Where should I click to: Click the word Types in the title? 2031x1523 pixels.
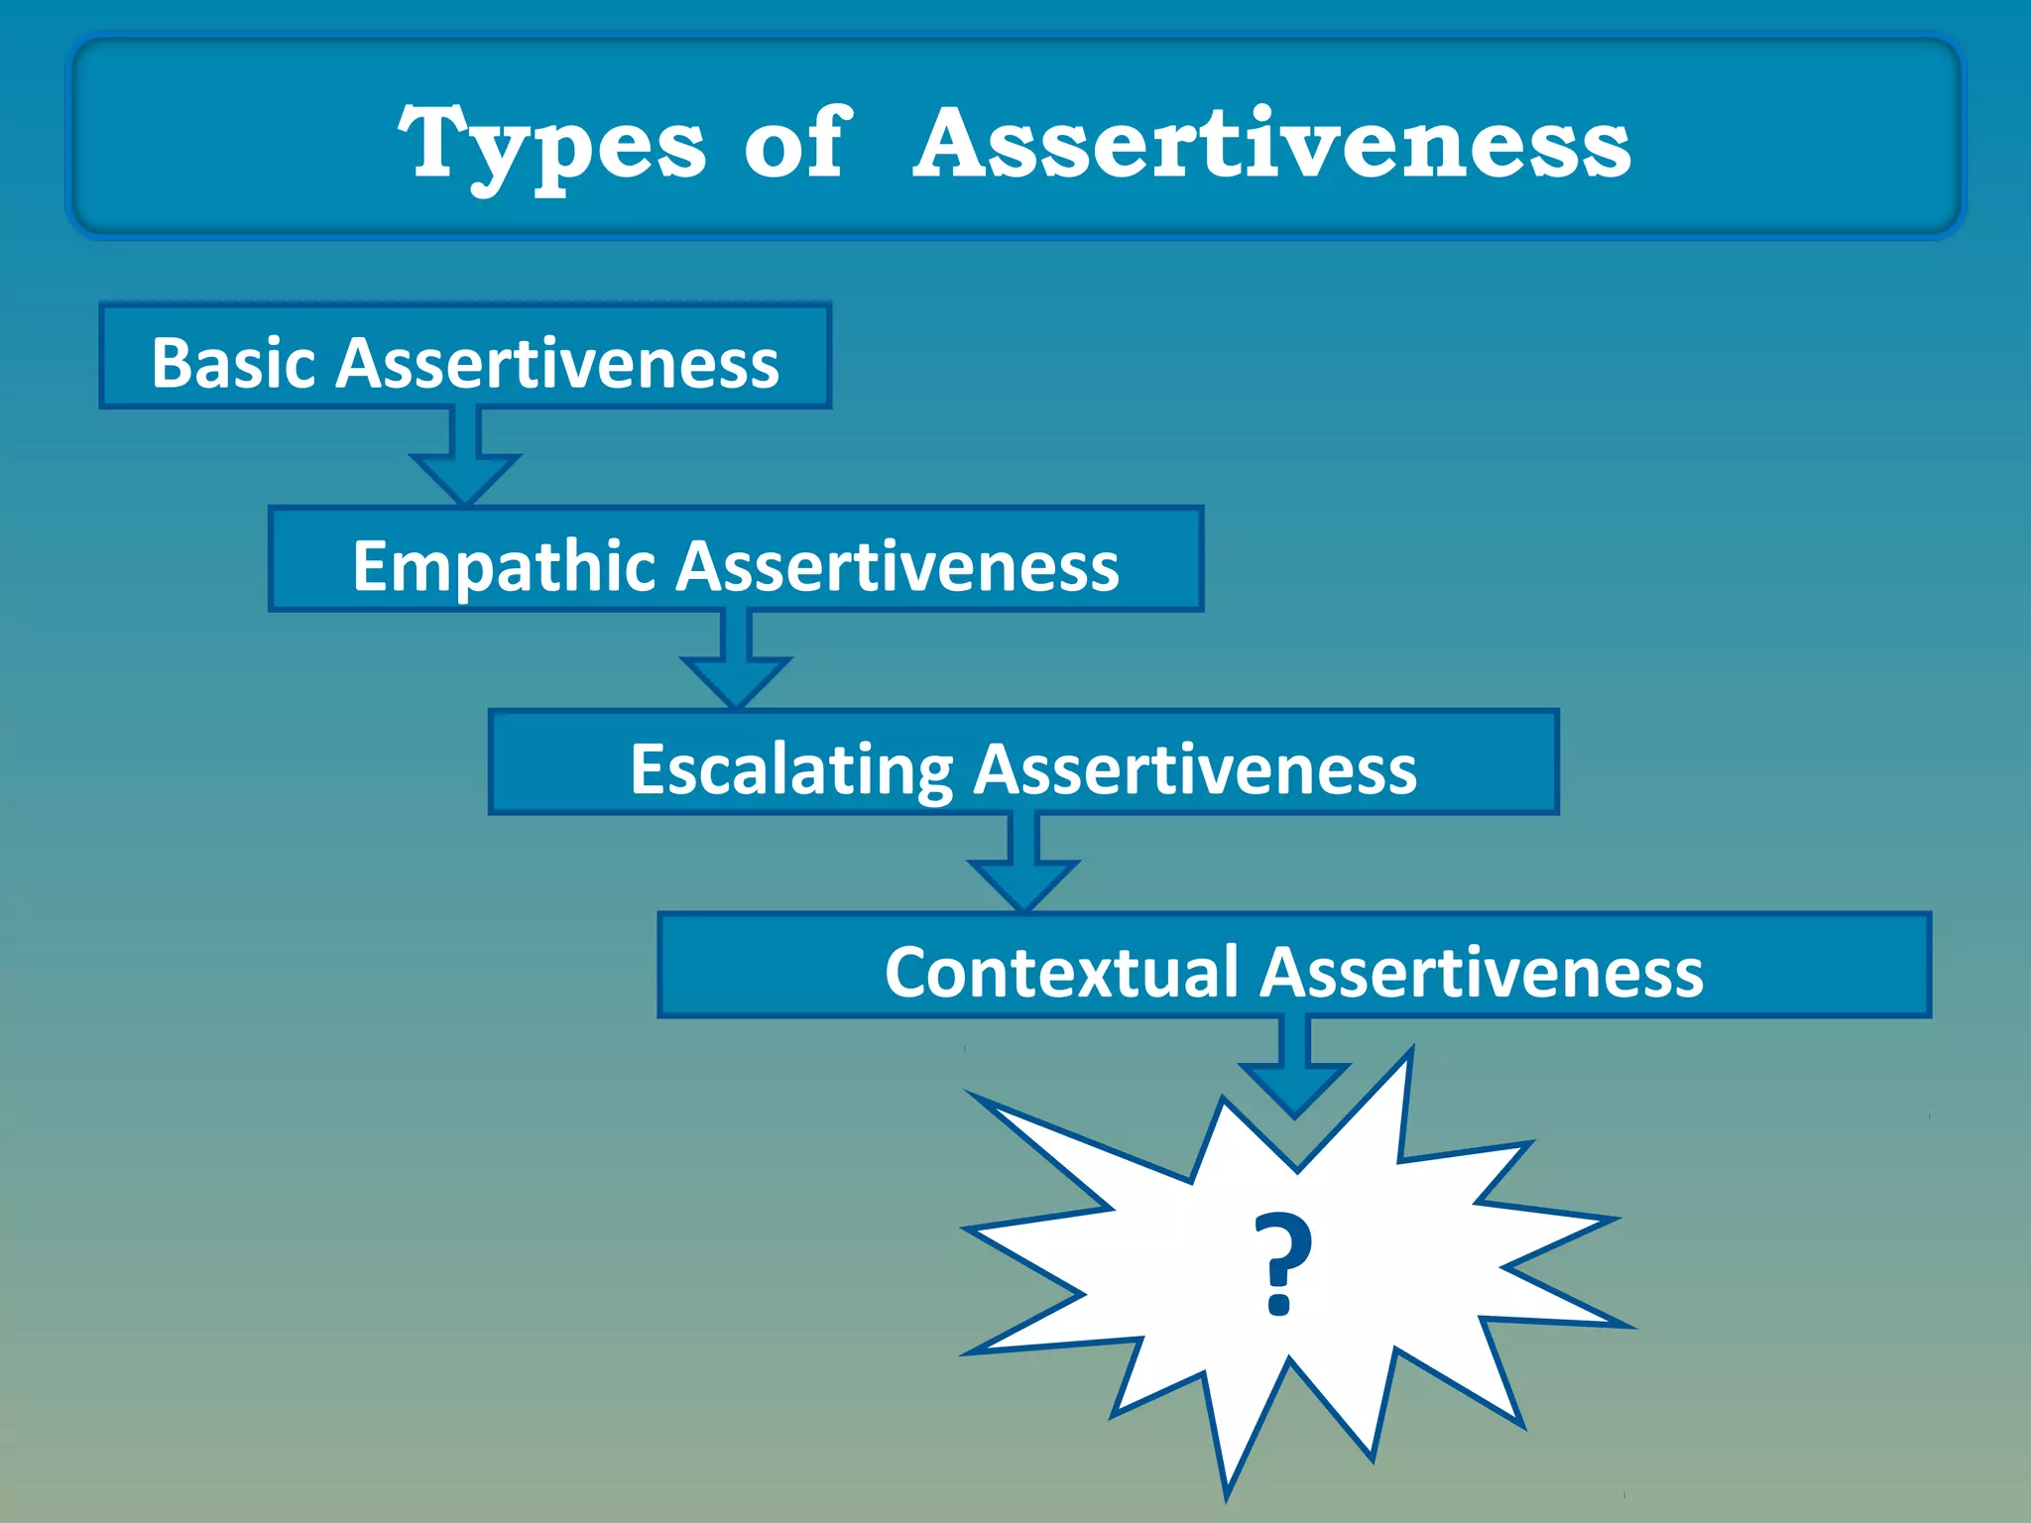[551, 146]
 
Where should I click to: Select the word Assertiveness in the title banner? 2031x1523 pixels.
[1272, 144]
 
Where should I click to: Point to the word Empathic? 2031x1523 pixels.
[504, 567]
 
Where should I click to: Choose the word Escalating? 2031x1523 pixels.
[791, 770]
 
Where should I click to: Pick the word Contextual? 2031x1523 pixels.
[1061, 973]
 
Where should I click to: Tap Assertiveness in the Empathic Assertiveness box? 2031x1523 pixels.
[898, 567]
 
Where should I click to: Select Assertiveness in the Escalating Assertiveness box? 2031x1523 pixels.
[1195, 770]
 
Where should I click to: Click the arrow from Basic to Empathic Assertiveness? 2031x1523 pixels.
[465, 460]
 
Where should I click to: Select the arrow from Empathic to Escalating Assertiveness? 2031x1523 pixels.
[736, 662]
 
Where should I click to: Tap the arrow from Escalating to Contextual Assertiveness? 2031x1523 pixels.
[1023, 865]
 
